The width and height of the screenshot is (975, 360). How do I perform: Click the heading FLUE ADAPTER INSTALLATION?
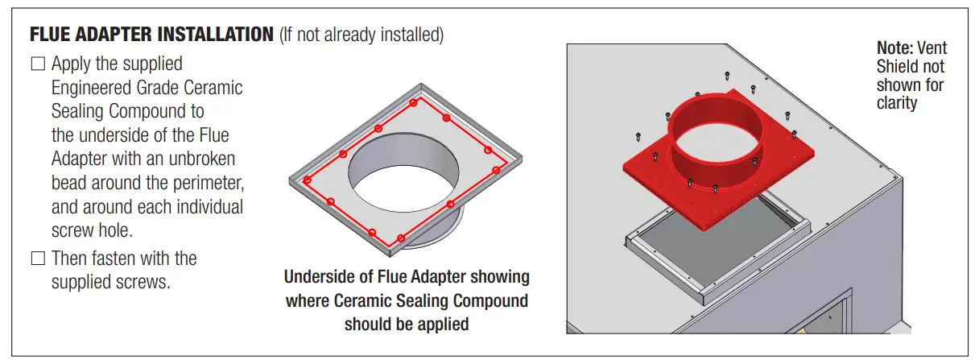(151, 35)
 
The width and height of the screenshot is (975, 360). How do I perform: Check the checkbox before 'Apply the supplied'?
(38, 64)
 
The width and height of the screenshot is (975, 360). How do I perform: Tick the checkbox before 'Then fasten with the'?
(38, 259)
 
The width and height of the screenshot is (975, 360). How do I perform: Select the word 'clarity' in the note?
(897, 103)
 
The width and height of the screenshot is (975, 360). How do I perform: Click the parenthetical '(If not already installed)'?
(361, 36)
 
